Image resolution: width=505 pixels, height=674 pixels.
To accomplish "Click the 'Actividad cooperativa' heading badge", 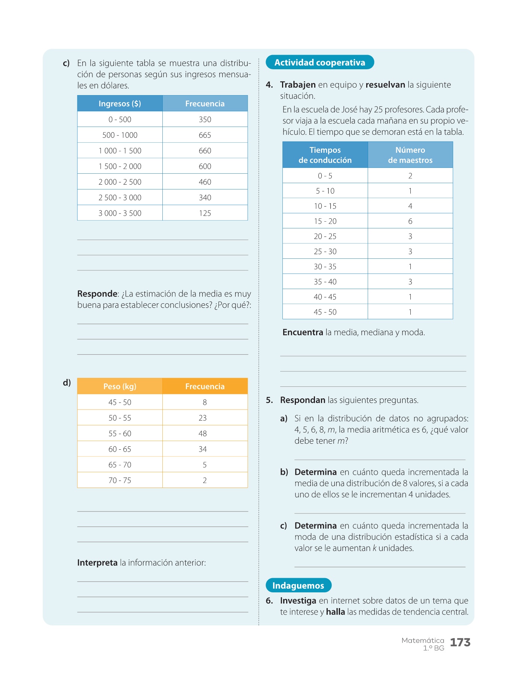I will pos(319,63).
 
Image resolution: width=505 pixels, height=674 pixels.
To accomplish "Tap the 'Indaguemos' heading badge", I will pos(298,586).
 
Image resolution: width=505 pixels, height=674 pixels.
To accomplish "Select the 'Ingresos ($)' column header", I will pos(120,104).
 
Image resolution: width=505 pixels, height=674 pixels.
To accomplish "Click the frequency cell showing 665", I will pos(205,135).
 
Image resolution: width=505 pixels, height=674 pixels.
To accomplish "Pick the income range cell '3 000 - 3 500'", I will pos(120,213).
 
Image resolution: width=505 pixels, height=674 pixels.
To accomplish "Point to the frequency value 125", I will pos(205,213).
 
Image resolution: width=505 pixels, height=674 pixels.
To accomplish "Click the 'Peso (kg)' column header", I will pos(120,386).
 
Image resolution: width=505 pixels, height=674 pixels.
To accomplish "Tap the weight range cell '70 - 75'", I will pos(120,480).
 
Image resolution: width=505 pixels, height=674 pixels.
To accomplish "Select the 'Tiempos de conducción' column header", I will pos(325,155).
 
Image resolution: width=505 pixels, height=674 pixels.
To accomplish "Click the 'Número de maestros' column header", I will pos(410,155).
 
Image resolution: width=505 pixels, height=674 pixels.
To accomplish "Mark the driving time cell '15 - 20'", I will pos(325,221).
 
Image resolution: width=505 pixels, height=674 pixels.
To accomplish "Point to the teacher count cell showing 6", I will pos(410,221).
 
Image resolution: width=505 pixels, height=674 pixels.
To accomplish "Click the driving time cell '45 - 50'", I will pos(325,312).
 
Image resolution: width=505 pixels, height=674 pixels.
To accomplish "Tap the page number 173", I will pos(460,643).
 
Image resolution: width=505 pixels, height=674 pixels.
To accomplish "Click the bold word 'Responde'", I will pos(97,294).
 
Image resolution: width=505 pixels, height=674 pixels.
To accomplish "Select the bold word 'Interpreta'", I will pos(97,563).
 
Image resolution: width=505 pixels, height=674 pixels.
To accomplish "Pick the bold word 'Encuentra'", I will pos(303,333).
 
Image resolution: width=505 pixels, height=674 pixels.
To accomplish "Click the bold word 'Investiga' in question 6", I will pos(298,601).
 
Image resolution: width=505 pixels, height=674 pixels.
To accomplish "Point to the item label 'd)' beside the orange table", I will pos(67,383).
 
